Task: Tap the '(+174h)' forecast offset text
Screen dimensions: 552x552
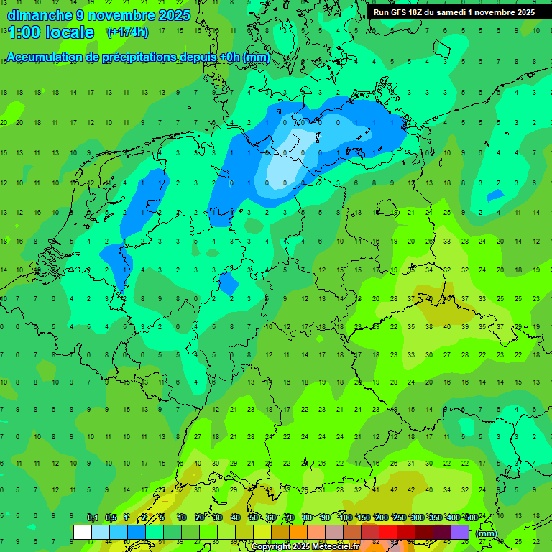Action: coord(127,32)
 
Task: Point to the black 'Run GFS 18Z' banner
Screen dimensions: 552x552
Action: coord(454,12)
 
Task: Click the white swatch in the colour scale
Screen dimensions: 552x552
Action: coord(83,532)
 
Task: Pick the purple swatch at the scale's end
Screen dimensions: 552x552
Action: coord(460,532)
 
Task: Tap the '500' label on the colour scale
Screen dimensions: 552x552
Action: coord(471,518)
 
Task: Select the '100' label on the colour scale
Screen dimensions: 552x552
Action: coord(345,518)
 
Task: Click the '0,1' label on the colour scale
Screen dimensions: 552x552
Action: coord(93,518)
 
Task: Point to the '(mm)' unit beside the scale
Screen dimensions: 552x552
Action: coord(487,533)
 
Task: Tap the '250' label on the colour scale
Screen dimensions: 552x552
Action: coord(399,518)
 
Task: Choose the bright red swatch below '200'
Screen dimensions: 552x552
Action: coord(388,532)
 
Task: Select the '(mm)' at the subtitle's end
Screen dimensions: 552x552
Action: coord(256,57)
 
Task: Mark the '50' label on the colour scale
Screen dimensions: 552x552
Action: coord(254,518)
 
